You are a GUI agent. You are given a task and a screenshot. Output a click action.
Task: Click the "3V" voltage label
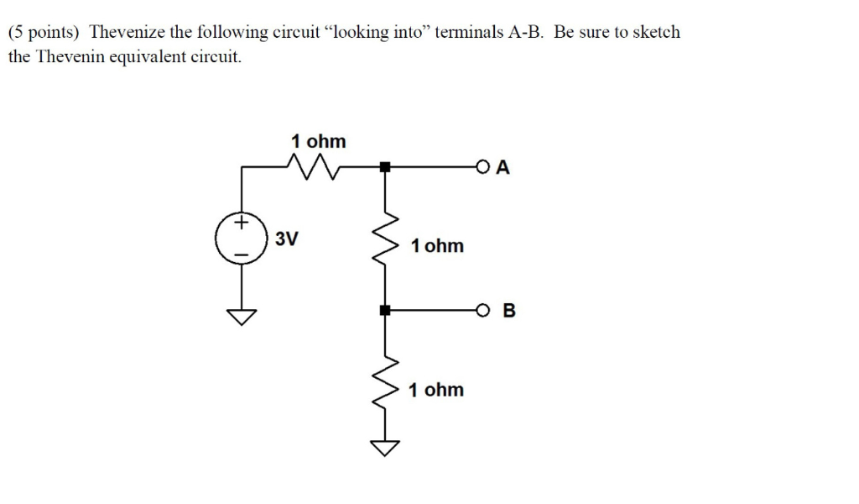tap(286, 239)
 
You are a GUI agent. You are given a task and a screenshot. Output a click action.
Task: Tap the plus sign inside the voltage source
tap(242, 223)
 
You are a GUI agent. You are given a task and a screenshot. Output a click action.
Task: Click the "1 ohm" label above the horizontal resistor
tap(318, 140)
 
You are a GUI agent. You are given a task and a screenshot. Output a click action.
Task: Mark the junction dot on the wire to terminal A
tap(384, 167)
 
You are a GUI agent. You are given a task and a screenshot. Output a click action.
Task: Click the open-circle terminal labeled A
tap(482, 167)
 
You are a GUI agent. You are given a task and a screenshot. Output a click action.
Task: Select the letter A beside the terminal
tap(502, 167)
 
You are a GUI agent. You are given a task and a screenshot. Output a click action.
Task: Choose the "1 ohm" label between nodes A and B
tap(437, 246)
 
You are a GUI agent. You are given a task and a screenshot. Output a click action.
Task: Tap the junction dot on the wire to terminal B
tap(384, 310)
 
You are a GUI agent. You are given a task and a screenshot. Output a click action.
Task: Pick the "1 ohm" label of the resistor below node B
tap(435, 390)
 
